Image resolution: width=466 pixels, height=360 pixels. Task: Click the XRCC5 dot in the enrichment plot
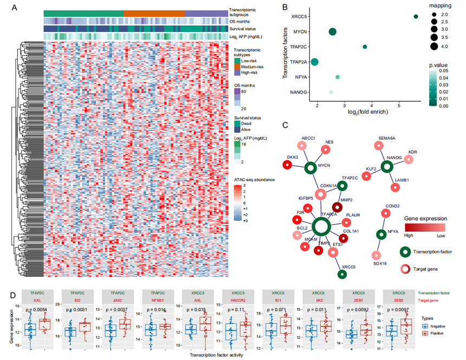pos(416,17)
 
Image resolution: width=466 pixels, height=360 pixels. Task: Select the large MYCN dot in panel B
pos(333,32)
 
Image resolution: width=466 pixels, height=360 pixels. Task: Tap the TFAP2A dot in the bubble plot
pos(315,62)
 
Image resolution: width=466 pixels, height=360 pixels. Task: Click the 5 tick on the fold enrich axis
pos(399,105)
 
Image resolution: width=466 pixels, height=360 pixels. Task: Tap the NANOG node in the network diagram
pos(387,167)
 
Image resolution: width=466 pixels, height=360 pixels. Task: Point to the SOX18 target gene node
pos(374,254)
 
